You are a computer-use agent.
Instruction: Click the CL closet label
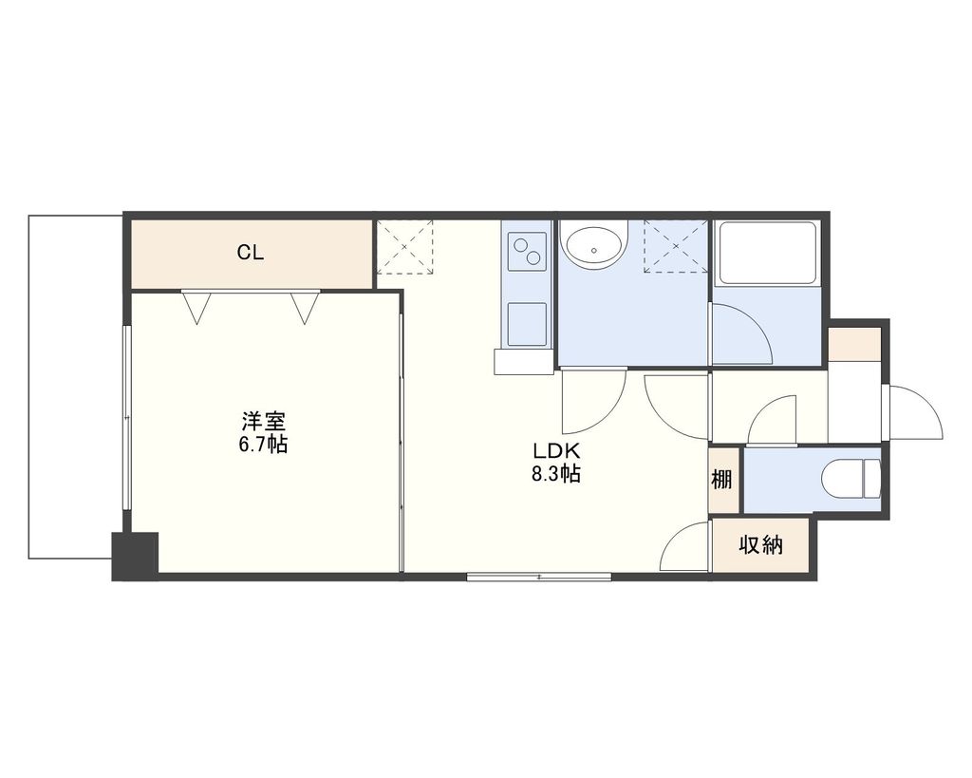(x=250, y=253)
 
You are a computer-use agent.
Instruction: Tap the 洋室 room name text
(x=263, y=420)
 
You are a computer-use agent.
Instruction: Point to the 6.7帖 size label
(x=263, y=444)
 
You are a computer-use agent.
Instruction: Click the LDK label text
(x=555, y=450)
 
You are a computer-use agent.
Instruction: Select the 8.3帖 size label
(x=555, y=474)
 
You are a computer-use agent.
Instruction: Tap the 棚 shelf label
(x=722, y=480)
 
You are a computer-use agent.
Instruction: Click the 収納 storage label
(x=760, y=545)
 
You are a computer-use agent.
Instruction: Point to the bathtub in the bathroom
(x=767, y=254)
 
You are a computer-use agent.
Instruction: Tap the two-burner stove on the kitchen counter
(x=528, y=252)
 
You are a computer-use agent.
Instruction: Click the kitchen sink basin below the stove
(x=527, y=323)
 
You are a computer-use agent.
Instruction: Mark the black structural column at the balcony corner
(x=135, y=556)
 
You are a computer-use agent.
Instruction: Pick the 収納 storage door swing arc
(x=685, y=549)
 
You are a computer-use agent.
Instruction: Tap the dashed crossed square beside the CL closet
(x=404, y=247)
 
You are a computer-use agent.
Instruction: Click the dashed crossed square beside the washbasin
(x=675, y=247)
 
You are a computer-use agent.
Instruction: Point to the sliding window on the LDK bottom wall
(x=539, y=576)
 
